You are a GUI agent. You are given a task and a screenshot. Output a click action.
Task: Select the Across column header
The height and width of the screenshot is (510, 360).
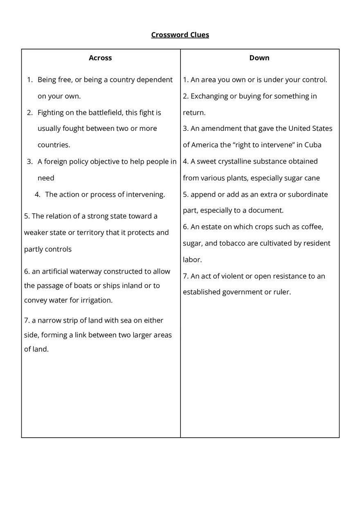coord(100,58)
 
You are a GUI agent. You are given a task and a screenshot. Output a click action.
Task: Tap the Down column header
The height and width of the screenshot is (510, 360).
coord(259,58)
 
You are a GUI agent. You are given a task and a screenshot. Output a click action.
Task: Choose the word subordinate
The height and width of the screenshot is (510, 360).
coord(308,194)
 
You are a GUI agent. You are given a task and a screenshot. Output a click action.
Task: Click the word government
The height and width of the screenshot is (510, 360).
coord(241,292)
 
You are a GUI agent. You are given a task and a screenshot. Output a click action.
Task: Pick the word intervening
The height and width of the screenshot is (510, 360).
coord(144,195)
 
